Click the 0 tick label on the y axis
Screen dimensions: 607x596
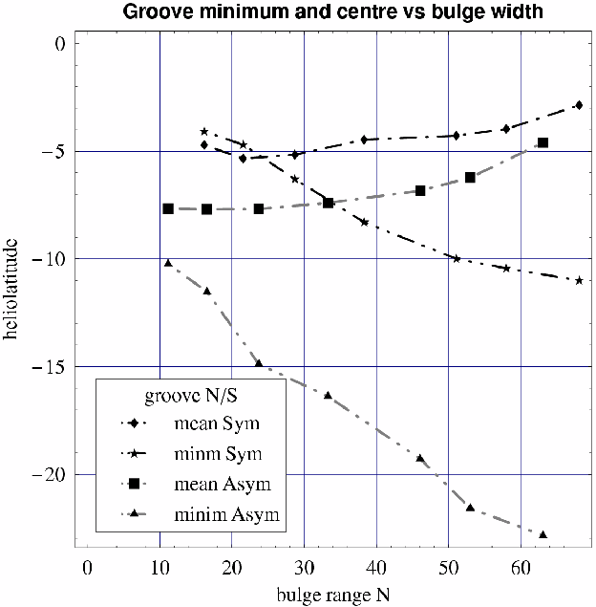pyautogui.click(x=58, y=44)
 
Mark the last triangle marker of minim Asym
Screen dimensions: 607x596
pyautogui.click(x=543, y=534)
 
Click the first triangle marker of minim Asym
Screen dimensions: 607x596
pyautogui.click(x=168, y=263)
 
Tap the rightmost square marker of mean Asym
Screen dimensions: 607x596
pyautogui.click(x=543, y=143)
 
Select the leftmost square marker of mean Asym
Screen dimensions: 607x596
pyautogui.click(x=168, y=208)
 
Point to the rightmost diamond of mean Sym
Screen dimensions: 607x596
pyautogui.click(x=579, y=105)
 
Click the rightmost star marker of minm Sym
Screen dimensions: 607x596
pyautogui.click(x=579, y=281)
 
